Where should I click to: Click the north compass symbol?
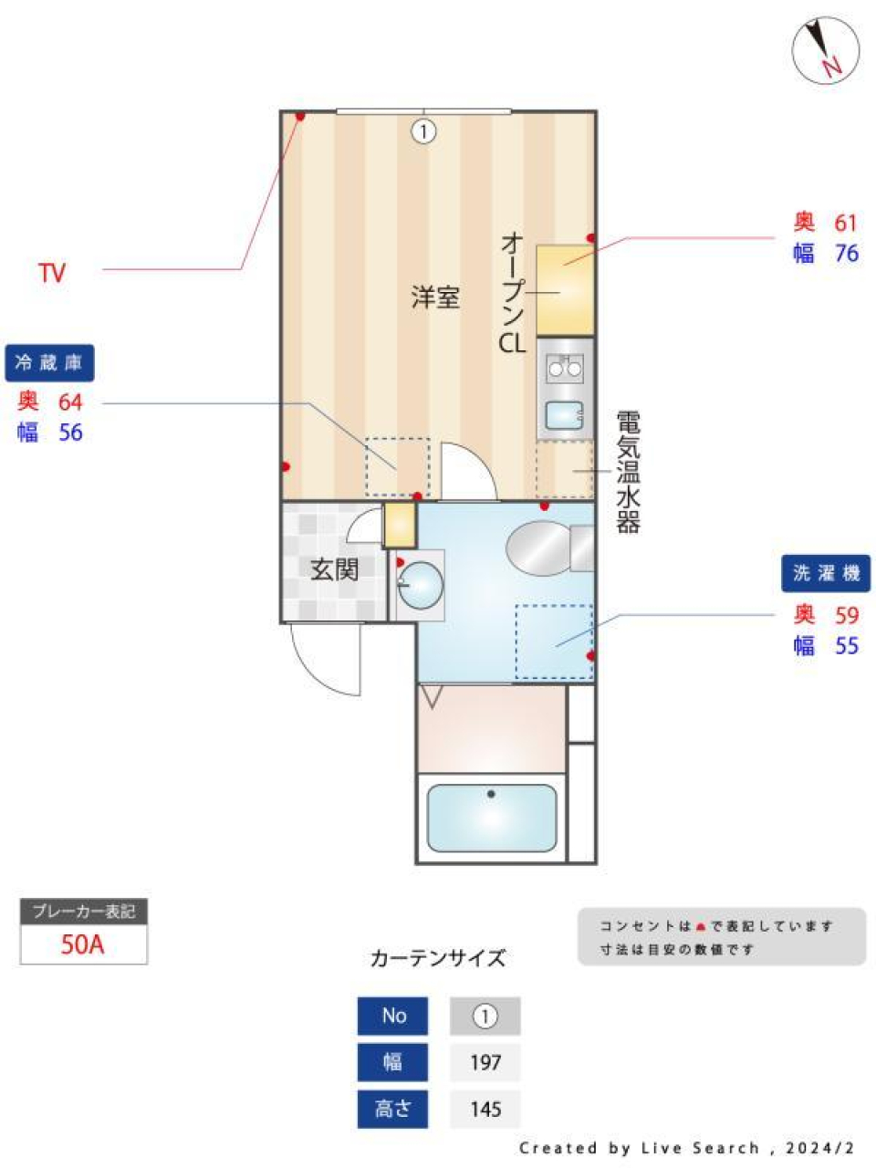coord(825,51)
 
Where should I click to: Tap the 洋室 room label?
coord(434,297)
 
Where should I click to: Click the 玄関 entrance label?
coord(334,569)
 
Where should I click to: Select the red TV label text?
coord(52,272)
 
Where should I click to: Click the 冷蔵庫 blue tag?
coord(49,363)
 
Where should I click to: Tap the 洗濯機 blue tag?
coord(825,573)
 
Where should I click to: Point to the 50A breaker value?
coord(83,944)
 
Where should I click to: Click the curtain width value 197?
coord(485,1062)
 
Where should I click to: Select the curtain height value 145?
coord(485,1109)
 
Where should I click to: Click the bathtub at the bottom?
coord(492,817)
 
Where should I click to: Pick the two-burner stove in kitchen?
coord(565,368)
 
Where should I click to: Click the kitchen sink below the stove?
coord(565,415)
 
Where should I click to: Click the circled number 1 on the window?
coord(423,131)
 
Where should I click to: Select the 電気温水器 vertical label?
coord(628,472)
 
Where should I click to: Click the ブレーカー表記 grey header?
coord(83,912)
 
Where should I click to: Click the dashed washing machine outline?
coord(554,641)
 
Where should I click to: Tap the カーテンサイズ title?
coord(437,958)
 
